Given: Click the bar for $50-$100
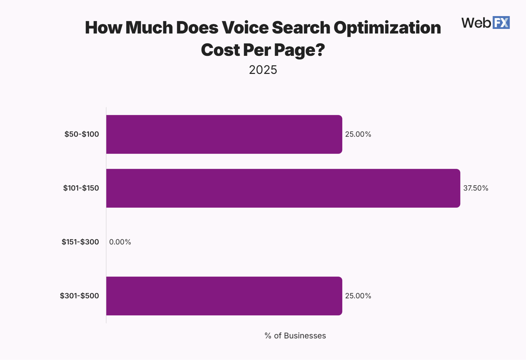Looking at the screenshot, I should pyautogui.click(x=224, y=134).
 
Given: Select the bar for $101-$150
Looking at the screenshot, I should pyautogui.click(x=283, y=188).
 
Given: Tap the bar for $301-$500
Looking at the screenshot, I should pyautogui.click(x=224, y=296).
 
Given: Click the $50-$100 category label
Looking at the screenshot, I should pyautogui.click(x=82, y=134).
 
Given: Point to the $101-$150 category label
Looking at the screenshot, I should pyautogui.click(x=81, y=188).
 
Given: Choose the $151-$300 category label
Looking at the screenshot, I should pyautogui.click(x=80, y=242).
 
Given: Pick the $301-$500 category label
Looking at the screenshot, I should pyautogui.click(x=79, y=296).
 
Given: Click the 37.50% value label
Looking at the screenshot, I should pyautogui.click(x=476, y=188).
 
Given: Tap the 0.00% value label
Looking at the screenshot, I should pyautogui.click(x=120, y=242).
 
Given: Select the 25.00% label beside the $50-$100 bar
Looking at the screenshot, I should pyautogui.click(x=358, y=134).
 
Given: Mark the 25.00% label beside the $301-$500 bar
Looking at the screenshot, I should pyautogui.click(x=358, y=296).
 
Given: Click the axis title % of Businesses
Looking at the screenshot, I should pyautogui.click(x=295, y=336).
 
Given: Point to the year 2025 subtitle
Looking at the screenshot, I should pyautogui.click(x=263, y=70).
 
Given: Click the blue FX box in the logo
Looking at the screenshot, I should pyautogui.click(x=501, y=23).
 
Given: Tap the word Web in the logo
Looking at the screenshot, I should pyautogui.click(x=476, y=23).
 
